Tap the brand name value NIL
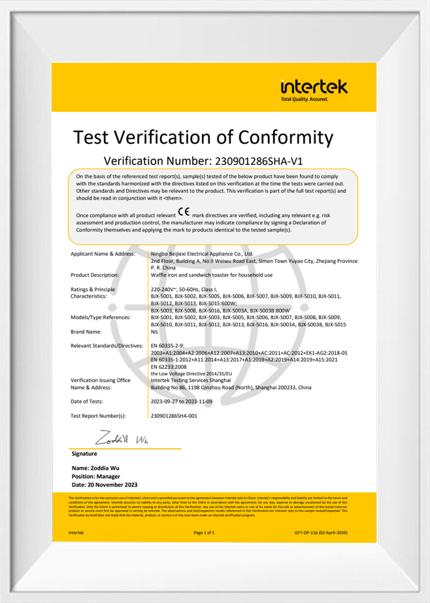[155, 332]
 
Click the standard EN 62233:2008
[171, 366]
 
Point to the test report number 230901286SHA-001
[174, 415]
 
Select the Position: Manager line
[99, 477]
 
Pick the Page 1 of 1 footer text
[204, 534]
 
